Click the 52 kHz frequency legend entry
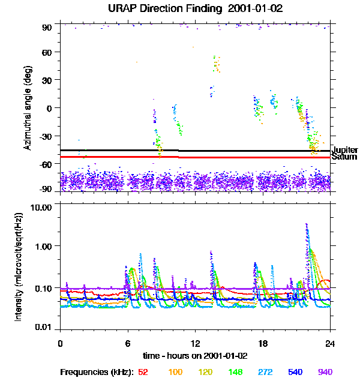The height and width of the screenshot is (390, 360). point(143,372)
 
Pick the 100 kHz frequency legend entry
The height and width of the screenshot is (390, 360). point(175,372)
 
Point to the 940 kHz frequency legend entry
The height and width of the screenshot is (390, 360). point(325,372)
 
